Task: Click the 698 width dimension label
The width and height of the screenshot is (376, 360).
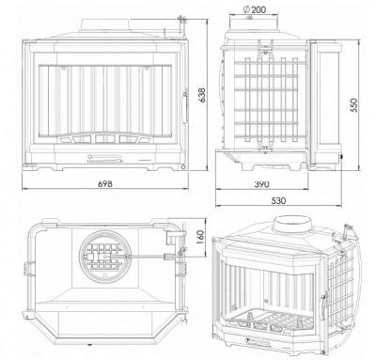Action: point(105,183)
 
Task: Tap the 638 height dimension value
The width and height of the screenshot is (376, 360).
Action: point(202,95)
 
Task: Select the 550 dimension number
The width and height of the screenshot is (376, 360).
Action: point(353,106)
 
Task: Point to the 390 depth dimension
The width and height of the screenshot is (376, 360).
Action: point(261,184)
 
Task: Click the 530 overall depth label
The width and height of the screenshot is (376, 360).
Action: point(278,200)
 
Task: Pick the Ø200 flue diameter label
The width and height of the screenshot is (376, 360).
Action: point(255,9)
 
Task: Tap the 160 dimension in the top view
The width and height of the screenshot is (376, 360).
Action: point(201,238)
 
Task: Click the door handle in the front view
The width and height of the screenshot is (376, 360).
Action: point(184,106)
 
